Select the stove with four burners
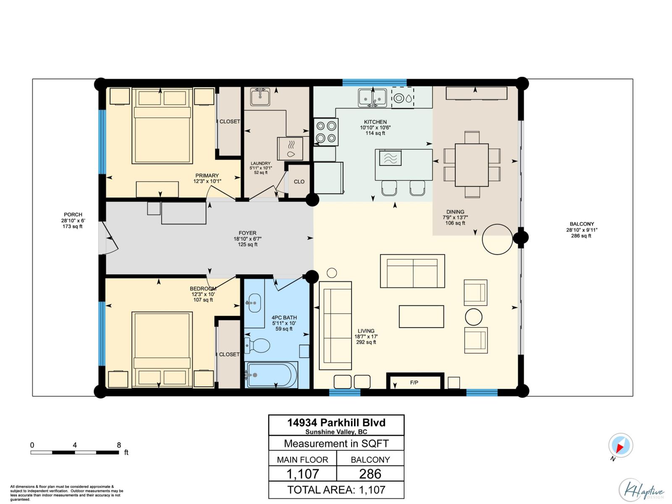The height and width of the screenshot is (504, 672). pos(326,131)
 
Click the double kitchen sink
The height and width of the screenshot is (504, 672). pos(372,98)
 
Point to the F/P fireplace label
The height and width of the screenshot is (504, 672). pos(414,383)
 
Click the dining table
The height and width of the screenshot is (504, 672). pos(472,165)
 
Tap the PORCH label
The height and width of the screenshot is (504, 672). pos(73,215)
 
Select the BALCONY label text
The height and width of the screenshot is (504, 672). pos(581,224)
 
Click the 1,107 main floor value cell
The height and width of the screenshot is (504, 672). pos(302,474)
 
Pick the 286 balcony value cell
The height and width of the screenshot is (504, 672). pos(370,474)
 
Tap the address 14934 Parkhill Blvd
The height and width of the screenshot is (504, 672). pos(336,423)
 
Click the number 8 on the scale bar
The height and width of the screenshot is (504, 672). pos(119,445)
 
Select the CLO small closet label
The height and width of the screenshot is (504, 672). pos(299,182)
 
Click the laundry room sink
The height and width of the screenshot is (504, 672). pos(260,97)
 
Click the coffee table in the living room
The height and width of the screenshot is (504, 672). pos(421,316)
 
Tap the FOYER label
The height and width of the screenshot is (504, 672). pos(247,233)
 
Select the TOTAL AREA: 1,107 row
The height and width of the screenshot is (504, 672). pos(336,490)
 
